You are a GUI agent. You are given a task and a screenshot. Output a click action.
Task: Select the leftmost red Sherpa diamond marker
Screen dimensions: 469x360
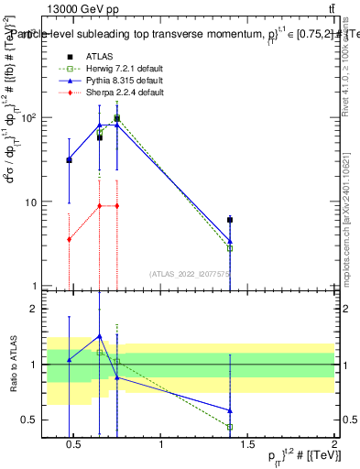(x=70, y=239)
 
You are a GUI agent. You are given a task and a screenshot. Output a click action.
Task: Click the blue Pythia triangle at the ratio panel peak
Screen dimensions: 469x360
(x=100, y=336)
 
